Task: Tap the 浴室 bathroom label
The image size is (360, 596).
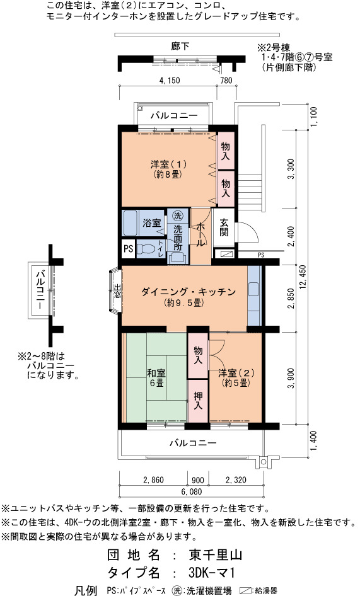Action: point(152,223)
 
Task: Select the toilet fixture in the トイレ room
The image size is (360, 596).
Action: point(146,249)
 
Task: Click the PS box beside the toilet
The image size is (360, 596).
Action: point(128,248)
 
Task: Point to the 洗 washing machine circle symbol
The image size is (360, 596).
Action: point(178,216)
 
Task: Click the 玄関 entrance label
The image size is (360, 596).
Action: point(224,227)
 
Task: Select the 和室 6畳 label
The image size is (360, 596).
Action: point(156,377)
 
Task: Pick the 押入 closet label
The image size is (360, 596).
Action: point(198,401)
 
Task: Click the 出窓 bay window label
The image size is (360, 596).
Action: point(117,292)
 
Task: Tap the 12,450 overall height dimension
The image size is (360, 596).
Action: point(303,277)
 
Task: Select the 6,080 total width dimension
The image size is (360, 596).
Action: point(192,491)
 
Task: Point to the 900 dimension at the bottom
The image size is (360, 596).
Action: point(198,480)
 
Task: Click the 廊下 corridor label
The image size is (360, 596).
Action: point(180,47)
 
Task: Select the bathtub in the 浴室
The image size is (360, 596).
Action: point(130,223)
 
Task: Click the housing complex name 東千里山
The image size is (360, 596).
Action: point(216,555)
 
